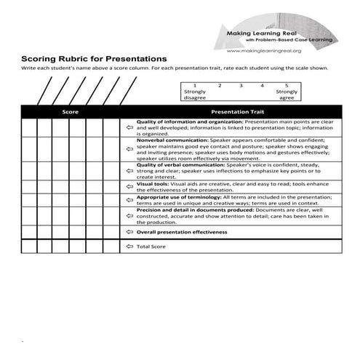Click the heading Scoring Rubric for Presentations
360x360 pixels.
(94, 58)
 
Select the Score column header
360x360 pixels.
(69, 112)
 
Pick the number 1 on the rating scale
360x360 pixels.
(195, 86)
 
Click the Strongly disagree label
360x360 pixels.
(195, 95)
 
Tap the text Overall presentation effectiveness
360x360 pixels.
(182, 232)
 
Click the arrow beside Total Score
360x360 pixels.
(129, 247)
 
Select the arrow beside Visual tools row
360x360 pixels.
(129, 187)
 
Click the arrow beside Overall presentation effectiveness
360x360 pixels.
(129, 232)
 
